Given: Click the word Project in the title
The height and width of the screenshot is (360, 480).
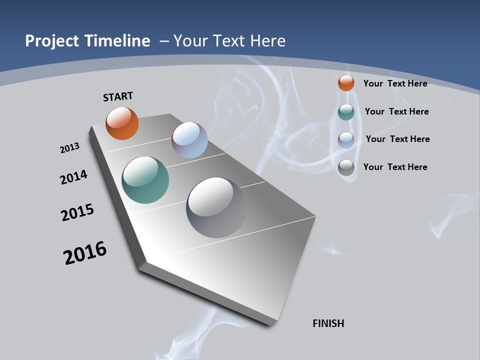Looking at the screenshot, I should (52, 41).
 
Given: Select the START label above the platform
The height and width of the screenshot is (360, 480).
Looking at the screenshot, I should (118, 96).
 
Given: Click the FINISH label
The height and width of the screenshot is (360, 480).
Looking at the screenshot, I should (328, 323).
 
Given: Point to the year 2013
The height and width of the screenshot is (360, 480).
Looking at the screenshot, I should (69, 148).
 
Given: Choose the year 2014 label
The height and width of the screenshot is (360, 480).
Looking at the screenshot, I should (74, 177).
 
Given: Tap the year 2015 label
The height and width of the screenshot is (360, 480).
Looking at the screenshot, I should (77, 212).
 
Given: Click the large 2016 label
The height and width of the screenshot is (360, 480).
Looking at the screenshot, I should (85, 253).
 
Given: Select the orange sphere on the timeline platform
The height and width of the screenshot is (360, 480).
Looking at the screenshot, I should (122, 123).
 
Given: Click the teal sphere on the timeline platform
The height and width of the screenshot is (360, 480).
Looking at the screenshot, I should (145, 180).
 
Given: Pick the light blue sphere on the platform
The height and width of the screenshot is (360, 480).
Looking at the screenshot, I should (189, 140).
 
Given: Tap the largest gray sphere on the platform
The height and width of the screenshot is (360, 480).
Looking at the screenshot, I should (216, 207).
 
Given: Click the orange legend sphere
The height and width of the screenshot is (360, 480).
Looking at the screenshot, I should (346, 83).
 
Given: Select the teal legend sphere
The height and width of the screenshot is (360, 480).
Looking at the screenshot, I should (346, 112).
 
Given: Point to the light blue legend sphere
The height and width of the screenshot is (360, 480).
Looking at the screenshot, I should (346, 140).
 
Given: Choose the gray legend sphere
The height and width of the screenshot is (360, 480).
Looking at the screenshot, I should (346, 167).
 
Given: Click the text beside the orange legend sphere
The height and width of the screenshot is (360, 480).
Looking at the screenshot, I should (395, 83).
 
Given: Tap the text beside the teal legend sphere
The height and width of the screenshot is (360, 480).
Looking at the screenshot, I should (396, 111).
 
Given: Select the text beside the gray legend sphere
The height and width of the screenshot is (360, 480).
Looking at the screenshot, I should (395, 167).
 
